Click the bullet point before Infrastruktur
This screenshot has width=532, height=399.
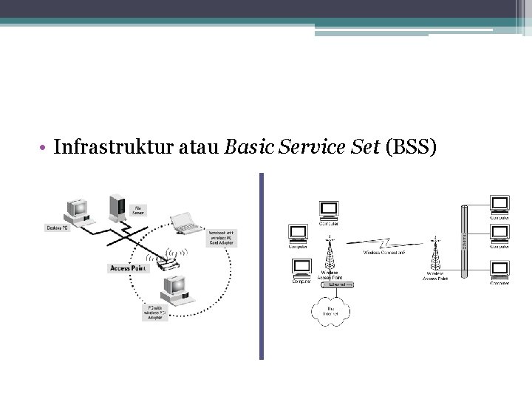46,148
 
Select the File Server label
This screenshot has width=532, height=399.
138,211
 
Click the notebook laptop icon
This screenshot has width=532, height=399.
185,222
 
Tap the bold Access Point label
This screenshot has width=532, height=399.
129,268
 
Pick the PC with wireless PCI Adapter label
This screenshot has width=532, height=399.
157,312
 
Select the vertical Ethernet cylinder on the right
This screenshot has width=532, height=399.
465,241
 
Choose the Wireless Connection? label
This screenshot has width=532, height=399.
383,253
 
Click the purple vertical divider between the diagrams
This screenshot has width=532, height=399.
261,266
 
